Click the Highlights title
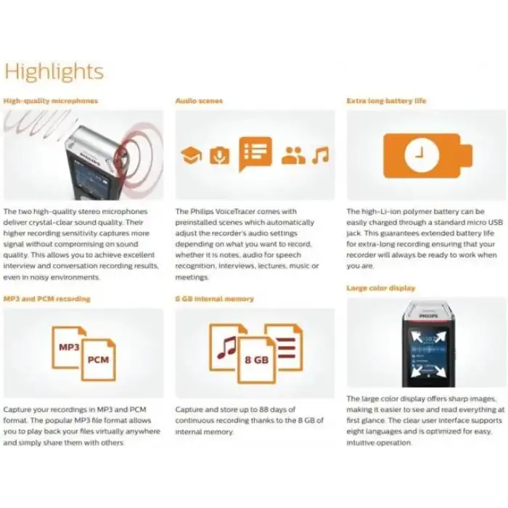tap(54, 72)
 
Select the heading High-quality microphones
tap(50, 101)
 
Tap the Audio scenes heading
tap(199, 101)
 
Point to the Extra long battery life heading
tap(386, 101)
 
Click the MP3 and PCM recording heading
tap(47, 298)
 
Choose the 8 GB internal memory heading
tap(214, 298)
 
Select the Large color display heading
tap(381, 288)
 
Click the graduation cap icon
tap(191, 155)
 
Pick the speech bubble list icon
tap(255, 153)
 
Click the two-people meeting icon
tap(293, 155)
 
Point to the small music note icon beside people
tap(320, 155)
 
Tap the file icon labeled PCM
tap(98, 359)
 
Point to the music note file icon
tap(228, 341)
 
